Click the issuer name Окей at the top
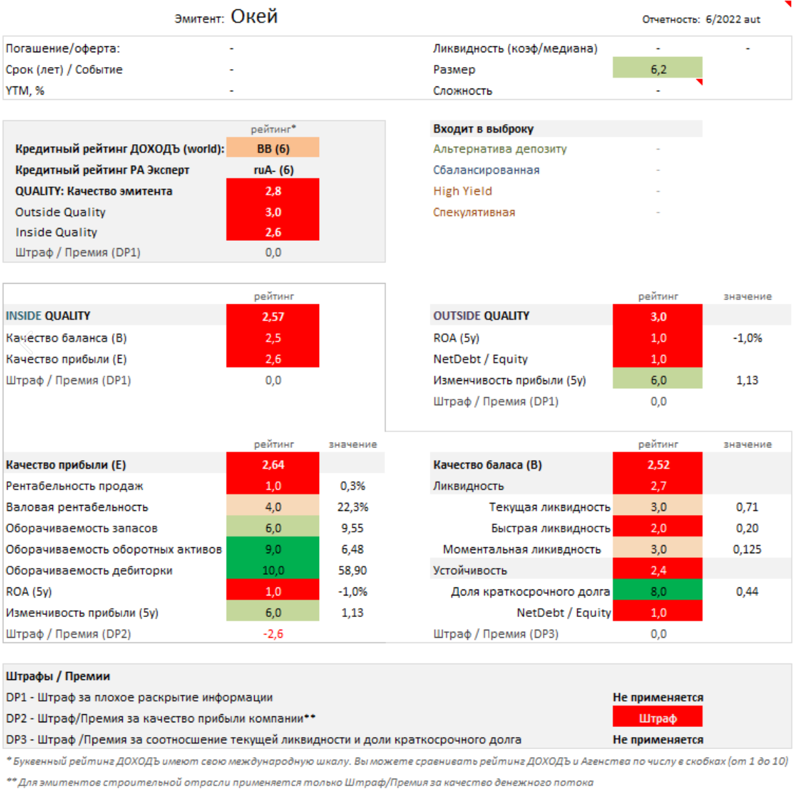pyautogui.click(x=254, y=17)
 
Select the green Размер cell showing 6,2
pyautogui.click(x=657, y=69)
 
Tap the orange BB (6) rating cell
pyautogui.click(x=273, y=148)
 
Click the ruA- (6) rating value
pyautogui.click(x=273, y=170)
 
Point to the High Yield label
pyautogui.click(x=463, y=191)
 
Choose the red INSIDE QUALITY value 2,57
pyautogui.click(x=273, y=316)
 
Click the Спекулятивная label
pyautogui.click(x=474, y=212)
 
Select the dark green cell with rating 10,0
pyautogui.click(x=273, y=570)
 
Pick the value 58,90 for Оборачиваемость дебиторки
pyautogui.click(x=353, y=570)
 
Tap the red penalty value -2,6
pyautogui.click(x=273, y=634)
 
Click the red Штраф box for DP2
pyautogui.click(x=657, y=718)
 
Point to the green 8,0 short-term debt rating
pyautogui.click(x=658, y=591)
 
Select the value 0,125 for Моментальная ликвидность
pyautogui.click(x=747, y=549)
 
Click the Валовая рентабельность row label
pyautogui.click(x=77, y=507)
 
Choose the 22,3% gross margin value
pyautogui.click(x=353, y=507)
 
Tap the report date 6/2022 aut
pyautogui.click(x=733, y=19)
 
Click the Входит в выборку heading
pyautogui.click(x=483, y=129)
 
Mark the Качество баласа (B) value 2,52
pyautogui.click(x=658, y=465)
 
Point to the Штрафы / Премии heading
pyautogui.click(x=58, y=676)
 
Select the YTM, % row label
pyautogui.click(x=25, y=91)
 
